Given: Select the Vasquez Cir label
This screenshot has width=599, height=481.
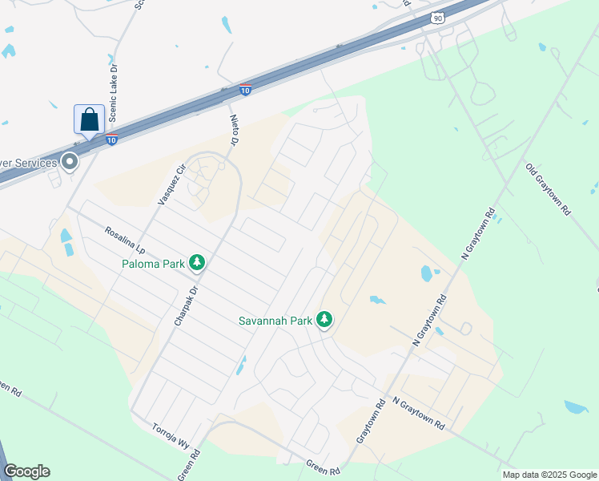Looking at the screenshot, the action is [x=171, y=183].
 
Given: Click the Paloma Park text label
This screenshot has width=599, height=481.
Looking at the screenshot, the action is [x=153, y=262].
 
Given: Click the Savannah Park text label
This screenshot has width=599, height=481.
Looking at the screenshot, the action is [x=275, y=321].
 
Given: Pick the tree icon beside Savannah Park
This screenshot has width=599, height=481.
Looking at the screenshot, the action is [x=324, y=320].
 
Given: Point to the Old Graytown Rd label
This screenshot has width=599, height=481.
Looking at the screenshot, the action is [x=548, y=190].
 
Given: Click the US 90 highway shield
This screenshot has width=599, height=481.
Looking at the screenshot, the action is [x=436, y=18].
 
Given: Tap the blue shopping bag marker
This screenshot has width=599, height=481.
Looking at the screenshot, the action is [x=89, y=119].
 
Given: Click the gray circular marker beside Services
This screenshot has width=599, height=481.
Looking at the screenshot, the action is [x=70, y=162].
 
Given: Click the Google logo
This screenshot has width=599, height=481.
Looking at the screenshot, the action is [x=26, y=471].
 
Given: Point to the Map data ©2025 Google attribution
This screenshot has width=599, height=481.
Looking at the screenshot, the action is [x=549, y=475].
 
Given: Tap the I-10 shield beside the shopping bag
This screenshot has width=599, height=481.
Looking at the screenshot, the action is [x=113, y=140].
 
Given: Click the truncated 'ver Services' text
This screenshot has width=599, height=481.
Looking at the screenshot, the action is [x=29, y=163].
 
